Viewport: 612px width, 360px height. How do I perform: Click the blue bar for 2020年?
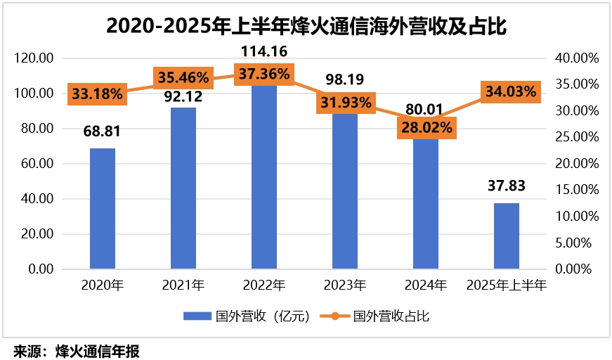pos(103,208)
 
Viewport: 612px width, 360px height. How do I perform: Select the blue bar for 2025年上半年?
pos(507,236)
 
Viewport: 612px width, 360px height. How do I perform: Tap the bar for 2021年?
pos(183,188)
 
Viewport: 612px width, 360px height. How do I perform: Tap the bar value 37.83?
pos(506,186)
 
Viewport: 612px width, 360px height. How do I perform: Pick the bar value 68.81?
pos(102,131)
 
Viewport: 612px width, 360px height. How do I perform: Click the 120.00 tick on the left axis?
pos(34,58)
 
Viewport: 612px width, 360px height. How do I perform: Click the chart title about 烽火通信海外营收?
pos(306,25)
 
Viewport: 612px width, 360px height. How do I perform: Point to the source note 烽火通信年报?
pos(77,350)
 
